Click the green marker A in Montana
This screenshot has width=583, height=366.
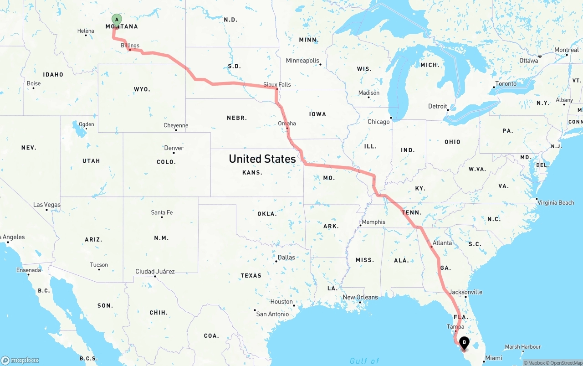click(x=117, y=20)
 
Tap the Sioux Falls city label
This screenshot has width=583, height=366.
click(x=277, y=84)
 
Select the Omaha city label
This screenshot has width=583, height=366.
click(x=287, y=124)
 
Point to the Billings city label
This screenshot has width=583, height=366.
click(x=130, y=46)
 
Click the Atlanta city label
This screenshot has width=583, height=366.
click(x=442, y=243)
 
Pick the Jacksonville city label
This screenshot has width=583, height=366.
click(x=465, y=292)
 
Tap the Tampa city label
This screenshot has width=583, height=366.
click(x=455, y=327)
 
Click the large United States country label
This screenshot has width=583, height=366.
click(x=262, y=159)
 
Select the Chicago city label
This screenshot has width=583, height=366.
click(x=378, y=122)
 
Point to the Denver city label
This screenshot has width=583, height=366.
click(x=174, y=148)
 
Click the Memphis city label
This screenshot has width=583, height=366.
click(x=373, y=222)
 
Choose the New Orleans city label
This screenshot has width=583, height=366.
click(x=360, y=297)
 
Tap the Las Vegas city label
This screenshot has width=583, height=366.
click(x=47, y=205)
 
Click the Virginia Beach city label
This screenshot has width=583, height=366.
click(x=556, y=203)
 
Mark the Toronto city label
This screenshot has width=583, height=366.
click(x=506, y=84)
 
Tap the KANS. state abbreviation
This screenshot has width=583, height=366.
click(x=252, y=173)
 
